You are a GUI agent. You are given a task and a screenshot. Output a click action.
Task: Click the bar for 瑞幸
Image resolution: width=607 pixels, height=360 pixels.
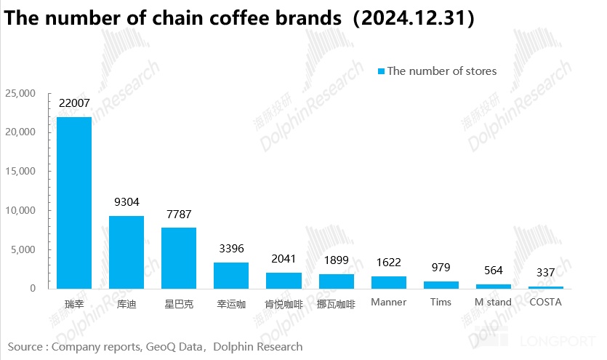pyautogui.click(x=74, y=203)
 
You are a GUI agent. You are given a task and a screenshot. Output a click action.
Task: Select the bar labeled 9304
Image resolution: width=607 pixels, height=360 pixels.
pyautogui.click(x=126, y=252)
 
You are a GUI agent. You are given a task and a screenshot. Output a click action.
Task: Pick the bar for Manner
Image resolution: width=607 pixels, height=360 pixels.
pyautogui.click(x=389, y=282)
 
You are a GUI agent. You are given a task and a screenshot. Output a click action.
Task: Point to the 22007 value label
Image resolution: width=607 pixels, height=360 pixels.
pyautogui.click(x=74, y=104)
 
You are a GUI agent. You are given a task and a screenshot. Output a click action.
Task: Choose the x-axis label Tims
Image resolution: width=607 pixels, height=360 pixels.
pyautogui.click(x=441, y=302)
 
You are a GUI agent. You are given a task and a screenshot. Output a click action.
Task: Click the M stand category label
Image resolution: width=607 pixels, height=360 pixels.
pyautogui.click(x=493, y=302)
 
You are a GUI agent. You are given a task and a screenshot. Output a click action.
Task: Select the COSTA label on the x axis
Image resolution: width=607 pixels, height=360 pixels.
pyautogui.click(x=545, y=302)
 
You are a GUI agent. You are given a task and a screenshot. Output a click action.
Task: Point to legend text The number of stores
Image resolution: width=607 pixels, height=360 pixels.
pyautogui.click(x=441, y=71)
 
